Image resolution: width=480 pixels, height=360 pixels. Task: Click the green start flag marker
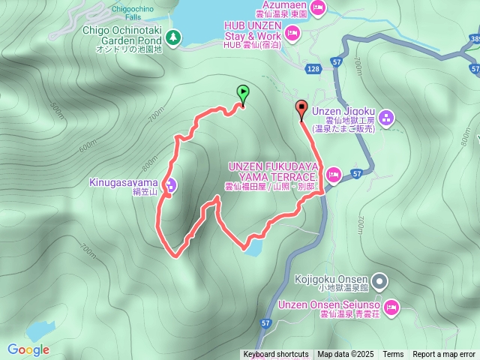click(243, 94)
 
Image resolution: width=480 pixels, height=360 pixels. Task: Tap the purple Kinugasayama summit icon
click(171, 185)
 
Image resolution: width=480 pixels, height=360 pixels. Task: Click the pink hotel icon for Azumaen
click(317, 7)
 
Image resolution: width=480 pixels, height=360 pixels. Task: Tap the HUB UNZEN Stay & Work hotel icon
click(292, 31)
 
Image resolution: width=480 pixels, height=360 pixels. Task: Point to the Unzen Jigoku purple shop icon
click(386, 116)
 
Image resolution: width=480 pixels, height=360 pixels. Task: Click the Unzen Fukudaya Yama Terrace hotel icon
click(334, 174)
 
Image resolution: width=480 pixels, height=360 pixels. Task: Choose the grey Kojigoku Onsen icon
click(380, 282)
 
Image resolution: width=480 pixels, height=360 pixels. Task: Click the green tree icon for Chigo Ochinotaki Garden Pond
click(174, 36)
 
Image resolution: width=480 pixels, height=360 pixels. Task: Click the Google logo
click(28, 349)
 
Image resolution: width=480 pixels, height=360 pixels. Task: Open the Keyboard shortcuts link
click(275, 355)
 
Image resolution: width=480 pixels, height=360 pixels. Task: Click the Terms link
click(393, 355)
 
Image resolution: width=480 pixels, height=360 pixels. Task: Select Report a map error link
click(444, 355)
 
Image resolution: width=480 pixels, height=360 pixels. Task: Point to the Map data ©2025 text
click(345, 355)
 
